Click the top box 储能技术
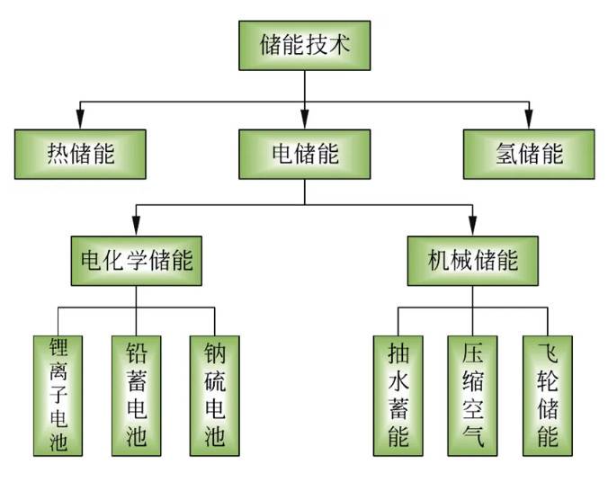304,45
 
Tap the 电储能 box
305,153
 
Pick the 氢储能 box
529,153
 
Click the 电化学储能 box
137,262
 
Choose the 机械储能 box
472,262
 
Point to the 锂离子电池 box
58,395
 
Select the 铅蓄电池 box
137,395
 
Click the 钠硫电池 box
215,395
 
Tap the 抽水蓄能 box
398,395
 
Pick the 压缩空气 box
472,395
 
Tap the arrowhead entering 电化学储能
137,228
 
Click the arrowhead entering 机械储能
472,228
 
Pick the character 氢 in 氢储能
505,153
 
